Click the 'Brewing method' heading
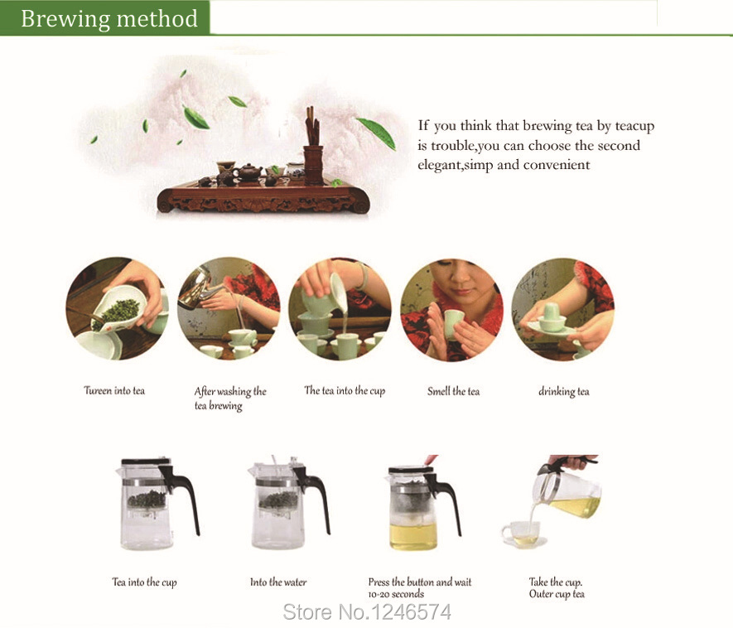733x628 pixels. point(109,19)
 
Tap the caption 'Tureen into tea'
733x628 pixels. point(114,390)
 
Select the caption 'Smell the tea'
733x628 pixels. point(453,391)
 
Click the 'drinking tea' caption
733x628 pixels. point(564,391)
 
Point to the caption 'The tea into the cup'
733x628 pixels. point(345,390)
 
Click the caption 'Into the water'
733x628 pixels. point(278,582)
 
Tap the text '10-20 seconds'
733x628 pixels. point(396,594)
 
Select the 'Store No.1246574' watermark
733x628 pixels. point(367,612)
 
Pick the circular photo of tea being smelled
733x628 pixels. point(452,309)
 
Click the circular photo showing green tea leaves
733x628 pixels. point(117,309)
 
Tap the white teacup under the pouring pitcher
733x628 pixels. point(523,534)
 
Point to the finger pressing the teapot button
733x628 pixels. point(430,460)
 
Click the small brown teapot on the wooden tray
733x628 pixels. point(248,172)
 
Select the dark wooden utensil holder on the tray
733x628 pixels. point(313,165)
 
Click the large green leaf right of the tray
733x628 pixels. point(377,133)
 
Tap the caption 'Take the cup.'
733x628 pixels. point(556,582)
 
